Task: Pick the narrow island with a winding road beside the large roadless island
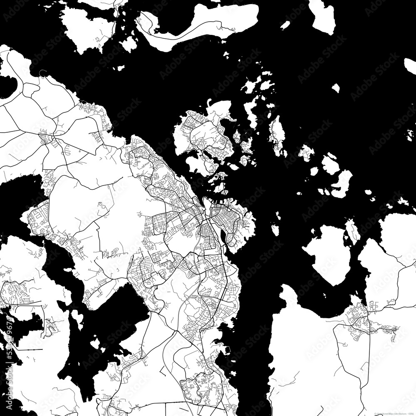click(352, 231)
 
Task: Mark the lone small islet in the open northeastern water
click(335, 88)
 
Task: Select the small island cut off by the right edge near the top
click(410, 66)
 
